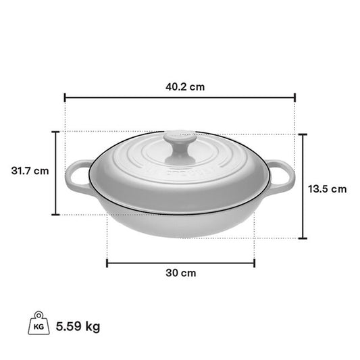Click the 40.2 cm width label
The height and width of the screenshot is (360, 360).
[180, 86]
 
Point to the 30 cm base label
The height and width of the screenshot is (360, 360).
[180, 273]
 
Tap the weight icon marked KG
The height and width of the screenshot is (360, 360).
[38, 326]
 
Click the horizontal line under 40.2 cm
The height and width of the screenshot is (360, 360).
[180, 98]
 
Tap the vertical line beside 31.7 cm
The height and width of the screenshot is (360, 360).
[56, 173]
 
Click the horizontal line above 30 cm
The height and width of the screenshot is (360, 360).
[180, 263]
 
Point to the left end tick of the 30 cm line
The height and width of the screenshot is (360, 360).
[107, 263]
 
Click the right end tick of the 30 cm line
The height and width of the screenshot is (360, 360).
[254, 263]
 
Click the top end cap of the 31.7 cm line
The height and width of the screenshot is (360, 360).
[56, 131]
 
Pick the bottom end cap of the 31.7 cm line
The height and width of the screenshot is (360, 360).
[56, 215]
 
